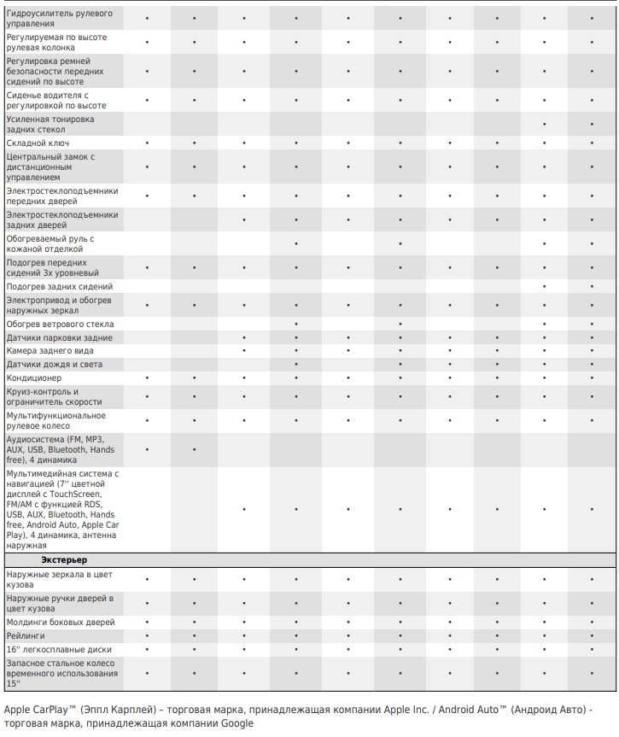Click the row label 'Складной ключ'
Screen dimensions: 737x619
tap(38, 143)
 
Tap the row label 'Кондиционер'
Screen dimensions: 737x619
tap(34, 378)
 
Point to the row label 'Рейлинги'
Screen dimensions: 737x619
tap(26, 636)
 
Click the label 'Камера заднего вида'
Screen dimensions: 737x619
tap(50, 351)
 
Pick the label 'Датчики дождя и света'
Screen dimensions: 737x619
tap(55, 365)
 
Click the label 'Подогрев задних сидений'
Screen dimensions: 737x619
tap(60, 287)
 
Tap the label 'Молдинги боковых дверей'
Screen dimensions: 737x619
tap(61, 623)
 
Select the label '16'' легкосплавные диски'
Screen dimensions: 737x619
tap(59, 650)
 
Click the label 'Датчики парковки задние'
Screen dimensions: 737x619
tap(59, 338)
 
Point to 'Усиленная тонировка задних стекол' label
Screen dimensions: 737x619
tap(50, 125)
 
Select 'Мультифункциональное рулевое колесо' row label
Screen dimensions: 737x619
tap(56, 420)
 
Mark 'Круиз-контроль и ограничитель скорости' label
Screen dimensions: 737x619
tap(54, 396)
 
